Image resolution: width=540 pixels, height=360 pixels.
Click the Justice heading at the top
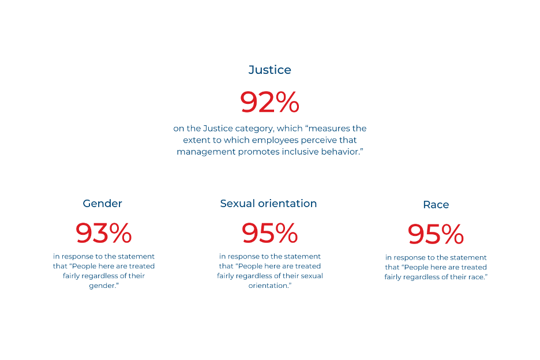[x=269, y=70]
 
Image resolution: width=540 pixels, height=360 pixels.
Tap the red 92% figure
[x=269, y=102]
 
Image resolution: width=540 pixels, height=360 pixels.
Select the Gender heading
[x=102, y=204]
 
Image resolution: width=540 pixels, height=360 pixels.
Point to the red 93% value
[x=104, y=233]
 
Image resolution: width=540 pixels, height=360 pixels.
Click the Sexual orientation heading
[x=268, y=204]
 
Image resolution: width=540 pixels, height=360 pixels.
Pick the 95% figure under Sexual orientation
[x=269, y=233]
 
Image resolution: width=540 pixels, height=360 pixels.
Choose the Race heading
[x=436, y=205]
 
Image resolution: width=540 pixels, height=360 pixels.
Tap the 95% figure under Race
[x=436, y=234]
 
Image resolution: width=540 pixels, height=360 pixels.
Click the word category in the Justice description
[x=254, y=129]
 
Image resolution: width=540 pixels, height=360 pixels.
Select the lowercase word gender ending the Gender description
[x=102, y=286]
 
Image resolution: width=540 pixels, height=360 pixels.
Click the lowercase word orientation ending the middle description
[x=269, y=286]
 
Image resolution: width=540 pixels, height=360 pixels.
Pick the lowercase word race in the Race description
[x=475, y=277]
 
